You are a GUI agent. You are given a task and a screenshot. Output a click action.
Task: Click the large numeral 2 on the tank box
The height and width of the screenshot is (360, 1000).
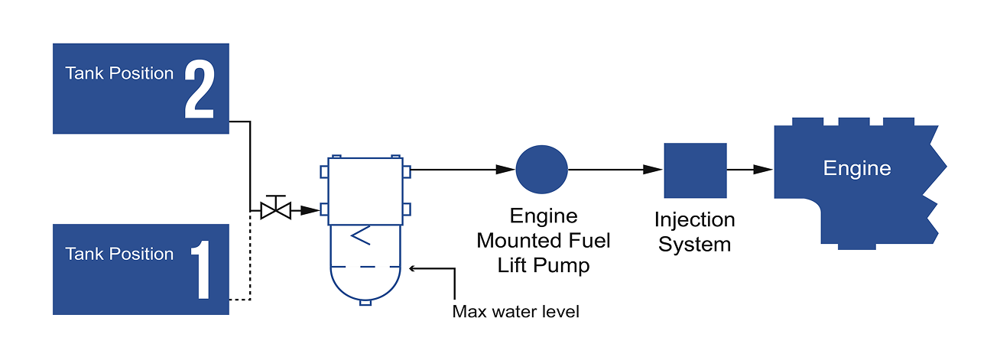coord(199,90)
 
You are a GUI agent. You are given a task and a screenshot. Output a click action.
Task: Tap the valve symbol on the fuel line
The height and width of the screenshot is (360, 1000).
coord(274,209)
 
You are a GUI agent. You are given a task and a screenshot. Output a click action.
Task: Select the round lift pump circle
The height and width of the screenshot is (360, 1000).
coord(542,169)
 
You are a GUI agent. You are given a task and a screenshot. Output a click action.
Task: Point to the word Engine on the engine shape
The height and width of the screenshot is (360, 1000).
coord(857,168)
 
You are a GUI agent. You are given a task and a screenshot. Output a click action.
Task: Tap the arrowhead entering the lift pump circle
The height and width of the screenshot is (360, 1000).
coord(507,169)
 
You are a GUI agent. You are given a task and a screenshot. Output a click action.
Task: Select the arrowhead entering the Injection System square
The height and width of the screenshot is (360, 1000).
coord(654,170)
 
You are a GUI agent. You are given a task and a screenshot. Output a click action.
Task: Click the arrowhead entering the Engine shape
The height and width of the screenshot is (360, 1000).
coord(763,170)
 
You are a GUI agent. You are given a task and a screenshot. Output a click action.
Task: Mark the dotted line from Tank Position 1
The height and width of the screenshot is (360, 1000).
coord(250,260)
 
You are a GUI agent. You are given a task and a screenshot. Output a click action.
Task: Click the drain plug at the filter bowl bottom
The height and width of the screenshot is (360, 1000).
coord(365,303)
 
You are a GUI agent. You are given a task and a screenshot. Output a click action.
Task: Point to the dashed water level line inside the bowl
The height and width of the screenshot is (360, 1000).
coord(365,267)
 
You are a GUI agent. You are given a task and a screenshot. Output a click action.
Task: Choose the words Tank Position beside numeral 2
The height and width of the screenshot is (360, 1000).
coord(119,73)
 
